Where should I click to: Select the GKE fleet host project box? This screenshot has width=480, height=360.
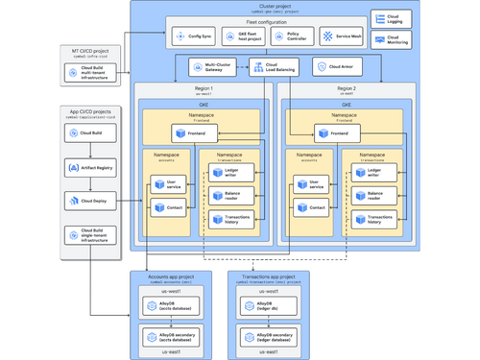240,37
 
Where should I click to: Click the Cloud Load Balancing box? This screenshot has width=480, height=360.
273,67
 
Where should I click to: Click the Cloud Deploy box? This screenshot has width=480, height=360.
91,202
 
